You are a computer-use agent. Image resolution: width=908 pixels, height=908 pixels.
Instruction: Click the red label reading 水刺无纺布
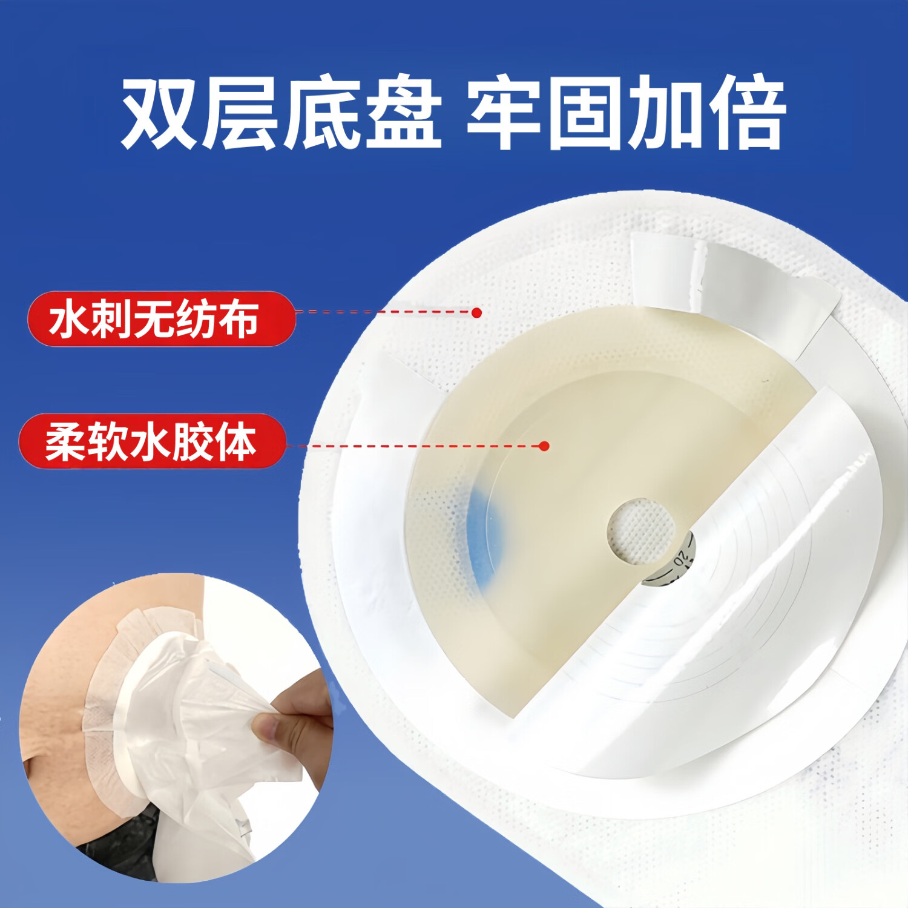[160, 319]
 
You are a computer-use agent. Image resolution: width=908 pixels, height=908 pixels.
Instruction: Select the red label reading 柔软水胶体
[151, 441]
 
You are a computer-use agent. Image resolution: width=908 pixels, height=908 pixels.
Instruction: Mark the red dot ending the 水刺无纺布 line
[476, 312]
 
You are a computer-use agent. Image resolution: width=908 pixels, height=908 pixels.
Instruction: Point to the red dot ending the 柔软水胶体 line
[544, 446]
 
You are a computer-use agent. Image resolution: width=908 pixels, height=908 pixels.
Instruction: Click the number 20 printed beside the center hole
[680, 558]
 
